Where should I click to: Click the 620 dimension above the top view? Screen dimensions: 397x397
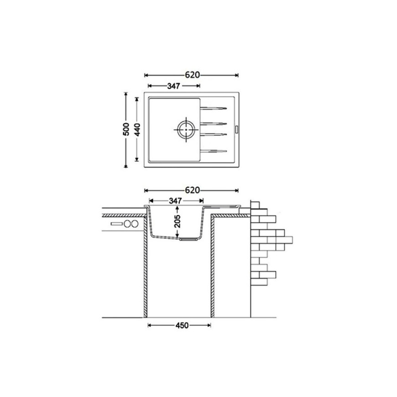point(192,75)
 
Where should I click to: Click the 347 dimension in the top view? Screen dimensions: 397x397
point(173,86)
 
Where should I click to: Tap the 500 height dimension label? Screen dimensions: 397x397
point(126,129)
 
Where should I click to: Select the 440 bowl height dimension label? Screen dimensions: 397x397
point(137,129)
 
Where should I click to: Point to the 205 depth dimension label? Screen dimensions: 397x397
point(178,221)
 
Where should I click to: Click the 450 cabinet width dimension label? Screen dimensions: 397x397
point(182,325)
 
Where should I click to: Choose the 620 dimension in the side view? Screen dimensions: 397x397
point(192,190)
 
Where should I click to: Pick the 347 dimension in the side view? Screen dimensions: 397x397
point(175,201)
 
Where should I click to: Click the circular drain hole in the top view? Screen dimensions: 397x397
point(186,130)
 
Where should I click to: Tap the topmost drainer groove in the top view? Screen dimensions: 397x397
point(213,108)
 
